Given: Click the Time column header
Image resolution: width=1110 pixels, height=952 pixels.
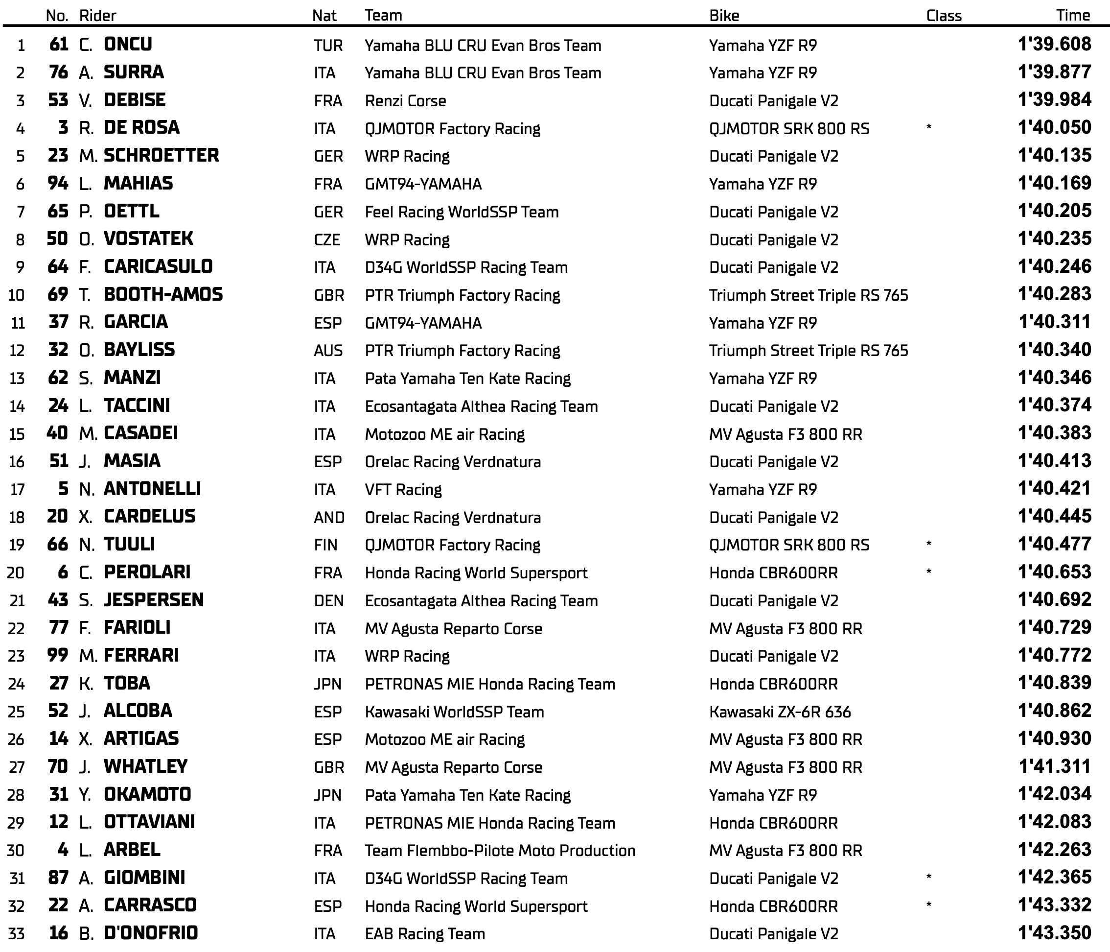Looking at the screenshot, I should pos(1072,15).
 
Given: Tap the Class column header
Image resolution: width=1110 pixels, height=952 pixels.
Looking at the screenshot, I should pos(944,16).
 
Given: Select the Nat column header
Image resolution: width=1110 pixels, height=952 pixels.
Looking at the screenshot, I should pos(324,16).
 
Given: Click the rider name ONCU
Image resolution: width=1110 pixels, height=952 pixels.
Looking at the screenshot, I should pos(128,44).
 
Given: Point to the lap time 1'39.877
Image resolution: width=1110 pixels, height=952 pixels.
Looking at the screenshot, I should pos(1054,72).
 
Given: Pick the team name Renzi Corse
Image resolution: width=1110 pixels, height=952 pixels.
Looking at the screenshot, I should pos(405,101).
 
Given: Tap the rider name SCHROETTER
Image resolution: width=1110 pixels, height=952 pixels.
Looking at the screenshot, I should pos(161,155).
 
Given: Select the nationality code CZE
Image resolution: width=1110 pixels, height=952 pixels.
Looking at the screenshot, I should pos(327,239).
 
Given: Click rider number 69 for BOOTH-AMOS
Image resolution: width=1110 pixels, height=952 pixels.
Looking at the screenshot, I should pos(58,294).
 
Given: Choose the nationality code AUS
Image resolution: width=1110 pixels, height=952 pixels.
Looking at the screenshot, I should pos(328,351).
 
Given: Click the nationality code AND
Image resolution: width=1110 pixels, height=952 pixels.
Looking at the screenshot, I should pos(329,517).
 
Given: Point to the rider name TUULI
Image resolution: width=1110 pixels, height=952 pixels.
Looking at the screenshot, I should pos(129,545).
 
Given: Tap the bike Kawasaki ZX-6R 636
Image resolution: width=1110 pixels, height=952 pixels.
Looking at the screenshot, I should pos(780,712).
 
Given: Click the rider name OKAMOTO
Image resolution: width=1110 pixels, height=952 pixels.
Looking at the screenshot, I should pos(147,794).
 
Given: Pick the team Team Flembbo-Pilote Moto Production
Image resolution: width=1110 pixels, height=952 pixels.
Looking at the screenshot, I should pos(500,851).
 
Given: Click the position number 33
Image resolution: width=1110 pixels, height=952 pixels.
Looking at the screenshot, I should pos(17,934).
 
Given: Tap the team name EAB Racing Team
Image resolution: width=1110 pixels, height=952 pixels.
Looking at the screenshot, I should pos(424,934).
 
